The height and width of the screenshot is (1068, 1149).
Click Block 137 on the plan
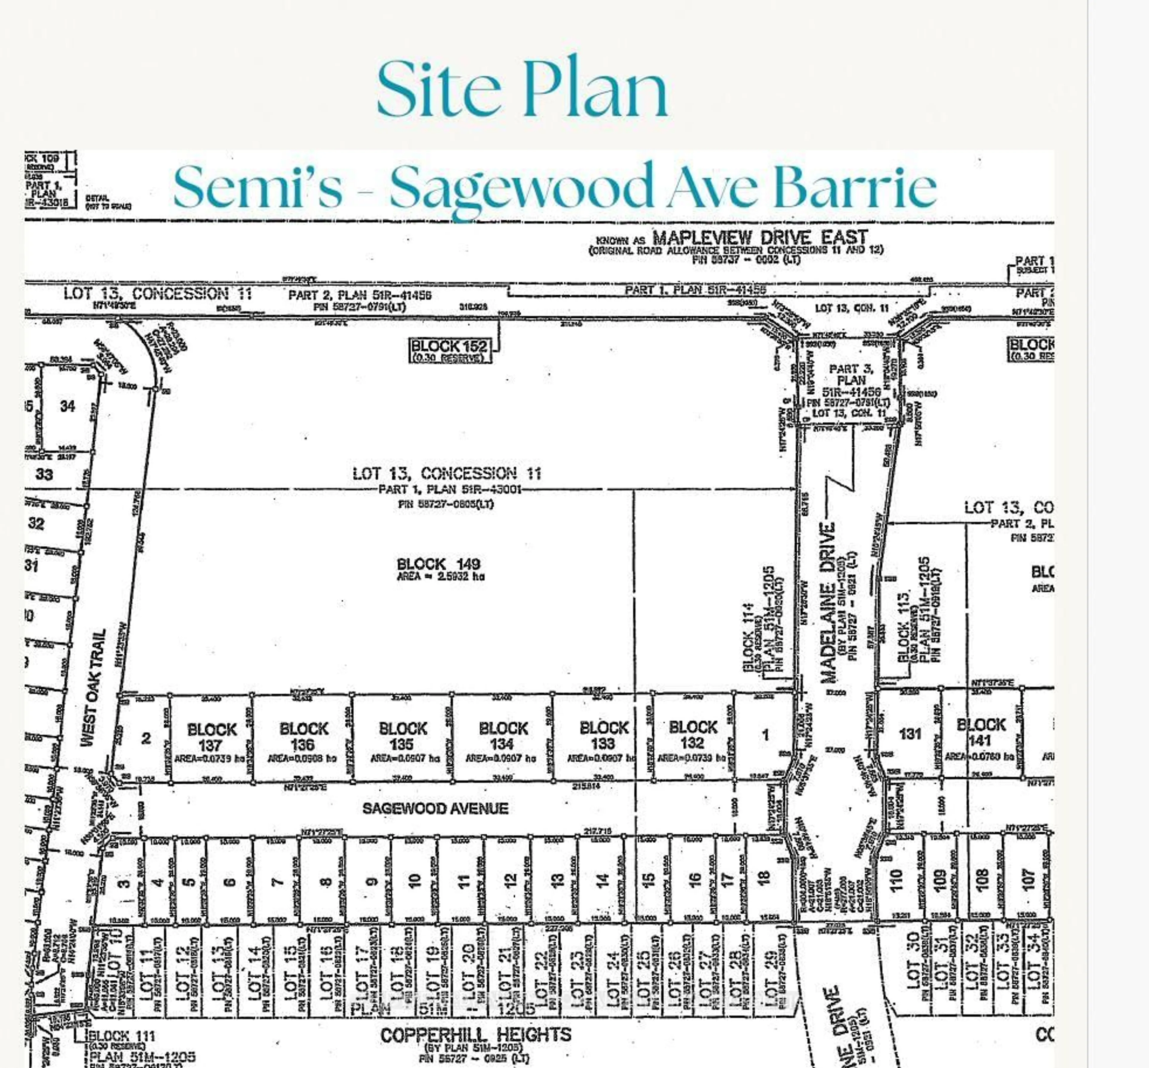click(x=212, y=737)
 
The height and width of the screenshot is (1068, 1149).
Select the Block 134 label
click(x=503, y=736)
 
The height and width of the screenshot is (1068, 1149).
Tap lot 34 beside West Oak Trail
click(x=68, y=406)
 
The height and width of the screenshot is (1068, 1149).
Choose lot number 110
click(x=896, y=880)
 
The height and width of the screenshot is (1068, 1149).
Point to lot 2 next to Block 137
click(x=146, y=738)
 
